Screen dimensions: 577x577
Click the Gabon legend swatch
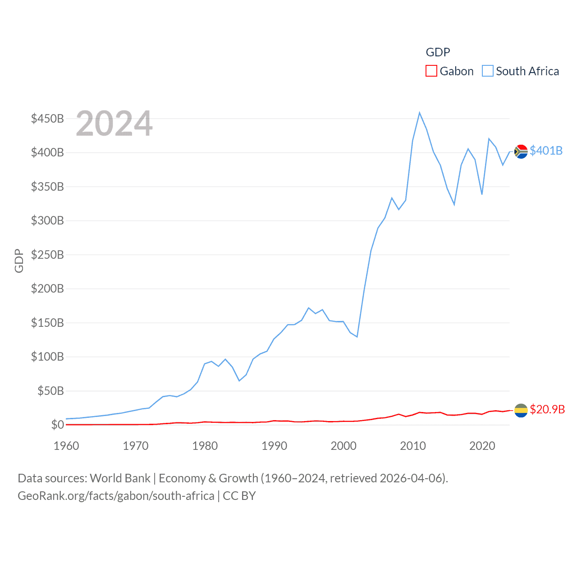[431, 71]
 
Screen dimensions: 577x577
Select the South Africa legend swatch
[488, 71]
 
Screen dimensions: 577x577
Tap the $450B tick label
[47, 119]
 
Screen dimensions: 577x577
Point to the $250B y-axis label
[47, 255]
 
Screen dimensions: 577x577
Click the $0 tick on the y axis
[57, 425]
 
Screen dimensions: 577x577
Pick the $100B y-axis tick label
[47, 357]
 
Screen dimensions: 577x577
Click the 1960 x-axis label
[66, 446]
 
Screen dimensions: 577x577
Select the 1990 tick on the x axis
[274, 446]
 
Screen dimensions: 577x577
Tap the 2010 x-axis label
[413, 446]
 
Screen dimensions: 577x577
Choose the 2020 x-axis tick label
[482, 446]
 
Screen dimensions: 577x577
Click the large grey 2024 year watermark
[114, 124]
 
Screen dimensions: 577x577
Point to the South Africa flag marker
[521, 151]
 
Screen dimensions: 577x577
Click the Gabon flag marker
[521, 410]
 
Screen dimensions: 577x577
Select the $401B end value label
[546, 151]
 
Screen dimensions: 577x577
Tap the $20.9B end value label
[547, 409]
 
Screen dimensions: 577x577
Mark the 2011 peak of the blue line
[420, 113]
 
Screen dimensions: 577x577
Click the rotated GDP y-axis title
[19, 261]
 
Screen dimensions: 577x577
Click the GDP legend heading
[438, 52]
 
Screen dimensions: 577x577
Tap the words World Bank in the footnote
[120, 478]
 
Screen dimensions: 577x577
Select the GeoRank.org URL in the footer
[116, 496]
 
